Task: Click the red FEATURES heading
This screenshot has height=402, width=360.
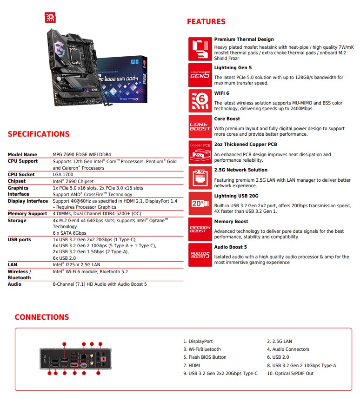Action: (206, 21)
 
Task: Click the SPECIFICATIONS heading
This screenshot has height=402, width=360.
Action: (39, 134)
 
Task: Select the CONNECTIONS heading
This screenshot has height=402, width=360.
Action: (42, 317)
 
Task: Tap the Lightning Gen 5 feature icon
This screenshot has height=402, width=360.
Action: (200, 75)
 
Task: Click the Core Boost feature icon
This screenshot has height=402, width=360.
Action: (200, 126)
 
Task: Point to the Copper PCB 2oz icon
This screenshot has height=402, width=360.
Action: (200, 152)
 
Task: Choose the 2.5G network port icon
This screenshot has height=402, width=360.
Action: (200, 178)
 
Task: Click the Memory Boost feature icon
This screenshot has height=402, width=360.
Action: (200, 229)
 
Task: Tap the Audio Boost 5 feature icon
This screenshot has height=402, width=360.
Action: (200, 255)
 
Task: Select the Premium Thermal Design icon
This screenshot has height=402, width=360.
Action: (200, 49)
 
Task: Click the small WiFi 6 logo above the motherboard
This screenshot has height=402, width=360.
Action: (50, 18)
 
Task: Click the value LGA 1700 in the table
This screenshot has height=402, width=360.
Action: (63, 175)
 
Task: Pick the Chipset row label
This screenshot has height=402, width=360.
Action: (17, 181)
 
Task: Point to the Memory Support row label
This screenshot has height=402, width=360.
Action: (27, 214)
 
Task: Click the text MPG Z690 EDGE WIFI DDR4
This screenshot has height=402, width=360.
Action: (82, 155)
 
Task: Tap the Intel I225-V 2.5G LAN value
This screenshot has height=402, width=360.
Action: (76, 264)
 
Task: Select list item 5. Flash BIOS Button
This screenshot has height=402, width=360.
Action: (205, 357)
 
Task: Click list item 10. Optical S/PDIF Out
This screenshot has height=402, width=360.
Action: (290, 373)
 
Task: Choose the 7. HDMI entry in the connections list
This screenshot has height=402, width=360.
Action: (192, 365)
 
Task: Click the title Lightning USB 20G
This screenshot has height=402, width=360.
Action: (236, 196)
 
